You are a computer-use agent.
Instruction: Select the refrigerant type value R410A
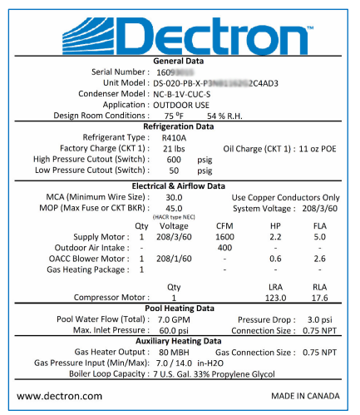pyautogui.click(x=175, y=137)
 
